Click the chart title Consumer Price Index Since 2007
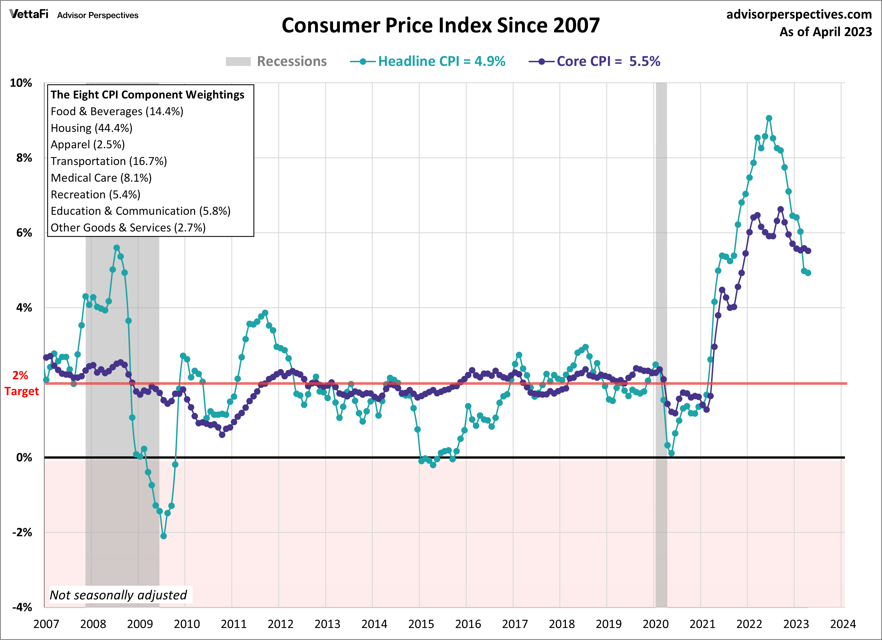coord(441,26)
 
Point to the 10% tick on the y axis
coord(21,83)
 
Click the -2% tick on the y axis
coord(22,532)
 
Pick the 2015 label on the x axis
coord(421,624)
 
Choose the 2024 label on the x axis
coord(843,624)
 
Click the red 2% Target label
coord(21,383)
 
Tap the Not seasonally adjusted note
coord(118,595)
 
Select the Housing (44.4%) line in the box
coord(91,128)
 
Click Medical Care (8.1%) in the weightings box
coord(101,178)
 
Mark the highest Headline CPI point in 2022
coord(769,118)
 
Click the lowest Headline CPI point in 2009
coord(163,536)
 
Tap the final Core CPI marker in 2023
coord(808,251)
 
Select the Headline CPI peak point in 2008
coord(117,248)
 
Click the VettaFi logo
coord(29,14)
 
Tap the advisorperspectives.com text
coord(799,14)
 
